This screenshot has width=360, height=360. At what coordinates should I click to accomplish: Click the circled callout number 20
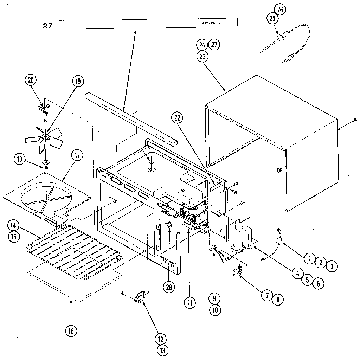click(x=31, y=80)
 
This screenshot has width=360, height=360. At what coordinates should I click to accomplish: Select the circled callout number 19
click(x=77, y=81)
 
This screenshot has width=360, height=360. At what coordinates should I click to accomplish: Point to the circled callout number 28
click(x=169, y=287)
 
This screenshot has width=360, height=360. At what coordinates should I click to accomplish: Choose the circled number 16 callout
click(x=71, y=330)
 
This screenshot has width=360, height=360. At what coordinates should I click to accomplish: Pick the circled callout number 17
click(x=77, y=155)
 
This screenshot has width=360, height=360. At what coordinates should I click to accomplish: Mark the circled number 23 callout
click(x=203, y=56)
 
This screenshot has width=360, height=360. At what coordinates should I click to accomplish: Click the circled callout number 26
click(x=280, y=9)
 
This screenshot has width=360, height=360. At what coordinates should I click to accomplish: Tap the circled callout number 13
click(x=163, y=350)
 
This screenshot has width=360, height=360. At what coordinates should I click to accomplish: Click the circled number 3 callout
click(x=331, y=266)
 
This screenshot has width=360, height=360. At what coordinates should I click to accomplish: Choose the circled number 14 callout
click(x=13, y=225)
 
